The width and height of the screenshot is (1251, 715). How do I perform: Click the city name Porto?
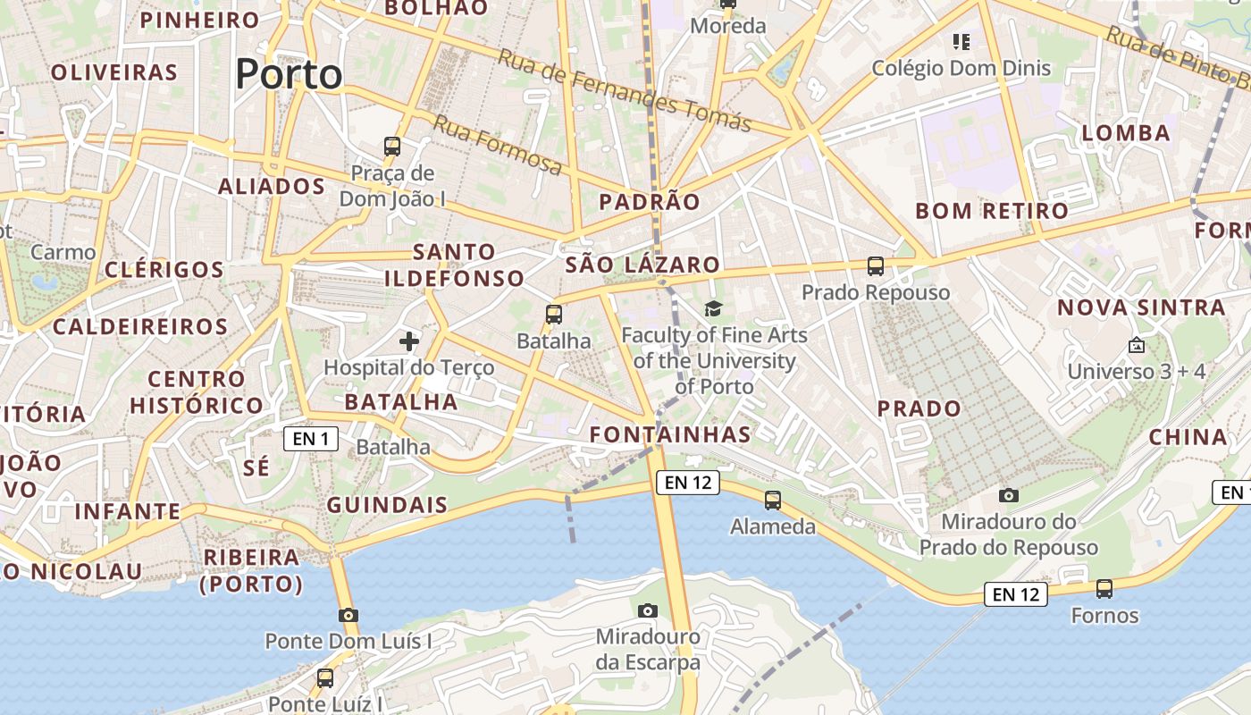click(x=289, y=73)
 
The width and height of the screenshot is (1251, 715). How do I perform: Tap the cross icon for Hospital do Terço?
click(x=409, y=341)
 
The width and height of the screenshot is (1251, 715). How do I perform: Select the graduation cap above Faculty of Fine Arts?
click(x=713, y=309)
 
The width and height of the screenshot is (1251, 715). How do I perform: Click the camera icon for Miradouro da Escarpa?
click(x=649, y=610)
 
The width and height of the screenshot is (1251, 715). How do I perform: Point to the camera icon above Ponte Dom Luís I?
click(x=348, y=615)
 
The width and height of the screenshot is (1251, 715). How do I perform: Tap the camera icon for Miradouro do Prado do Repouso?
click(x=1009, y=495)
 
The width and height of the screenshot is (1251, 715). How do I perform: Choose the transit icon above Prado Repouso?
click(x=876, y=265)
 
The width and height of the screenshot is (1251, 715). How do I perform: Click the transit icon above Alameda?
click(x=773, y=500)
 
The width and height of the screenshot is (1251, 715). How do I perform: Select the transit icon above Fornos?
click(x=1104, y=589)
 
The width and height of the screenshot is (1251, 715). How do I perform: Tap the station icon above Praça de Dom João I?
click(x=391, y=146)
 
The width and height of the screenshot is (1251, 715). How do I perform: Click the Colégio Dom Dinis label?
click(x=961, y=68)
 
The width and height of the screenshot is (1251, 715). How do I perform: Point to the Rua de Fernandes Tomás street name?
click(x=625, y=89)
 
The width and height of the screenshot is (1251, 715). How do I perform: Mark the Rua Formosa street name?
click(x=498, y=145)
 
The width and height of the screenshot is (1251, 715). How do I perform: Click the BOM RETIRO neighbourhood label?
click(x=992, y=211)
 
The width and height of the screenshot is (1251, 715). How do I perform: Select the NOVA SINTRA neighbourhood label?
click(x=1141, y=307)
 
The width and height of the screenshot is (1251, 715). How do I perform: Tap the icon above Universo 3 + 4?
click(x=1137, y=344)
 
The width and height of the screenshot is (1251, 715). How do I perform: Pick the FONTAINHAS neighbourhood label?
click(x=670, y=434)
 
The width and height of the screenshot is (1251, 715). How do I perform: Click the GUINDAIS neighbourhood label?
click(x=387, y=504)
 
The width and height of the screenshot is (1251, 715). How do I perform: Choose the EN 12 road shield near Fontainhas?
click(x=688, y=483)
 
